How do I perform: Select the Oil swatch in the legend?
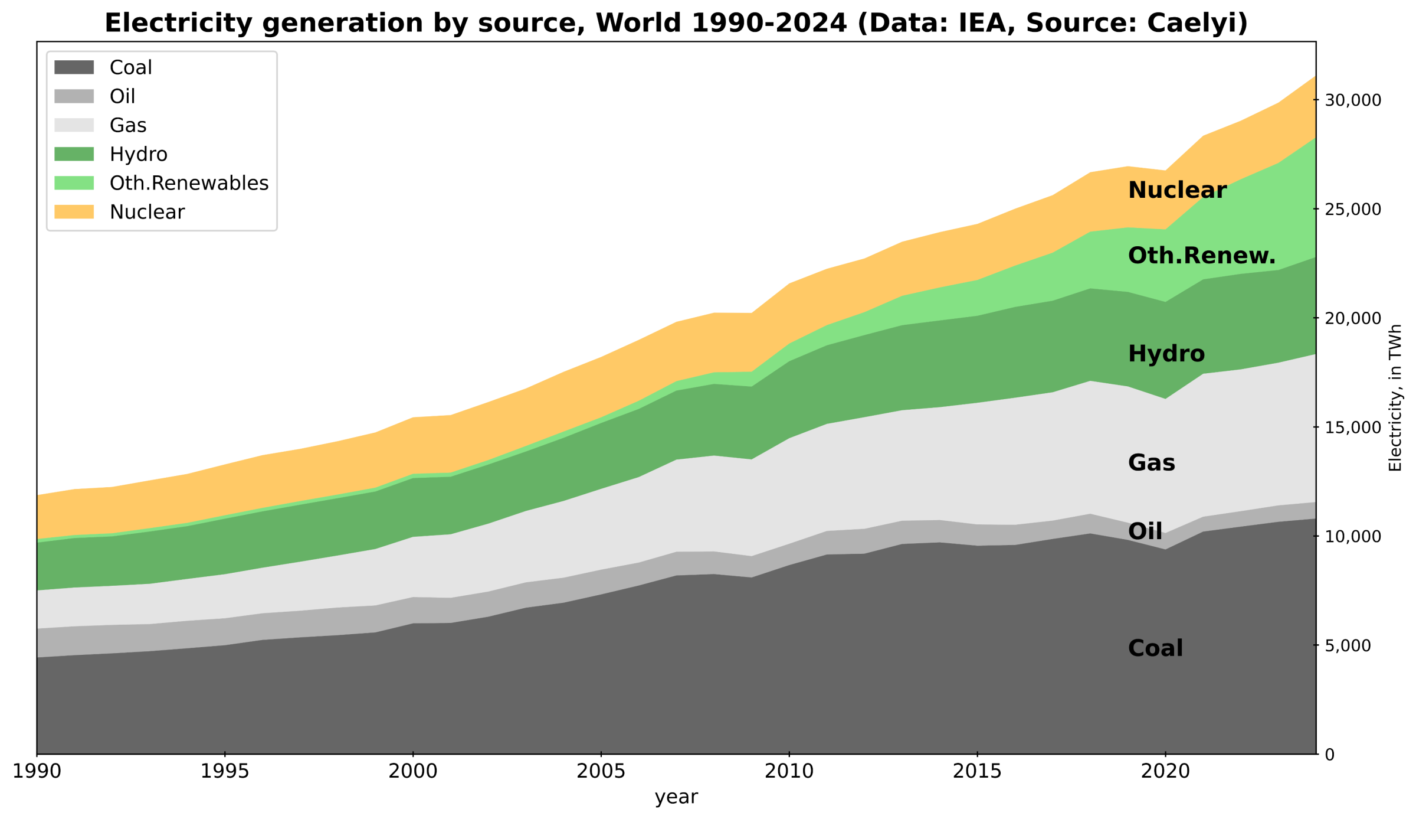pos(74,96)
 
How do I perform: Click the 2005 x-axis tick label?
pos(601,771)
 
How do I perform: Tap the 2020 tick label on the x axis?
pos(1165,771)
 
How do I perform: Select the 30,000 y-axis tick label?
pos(1353,100)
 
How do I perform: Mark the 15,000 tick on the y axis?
pos(1353,428)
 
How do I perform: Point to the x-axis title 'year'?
pos(676,797)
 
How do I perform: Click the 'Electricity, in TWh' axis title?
pos(1395,397)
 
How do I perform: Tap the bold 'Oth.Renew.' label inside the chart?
pos(1201,256)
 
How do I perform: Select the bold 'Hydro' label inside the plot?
pos(1166,354)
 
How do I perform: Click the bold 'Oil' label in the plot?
pos(1145,531)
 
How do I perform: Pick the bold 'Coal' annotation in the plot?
pos(1155,648)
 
